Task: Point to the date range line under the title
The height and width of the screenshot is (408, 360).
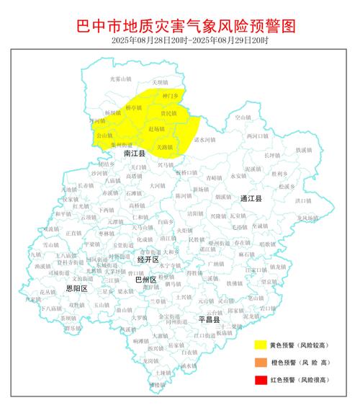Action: coord(180,42)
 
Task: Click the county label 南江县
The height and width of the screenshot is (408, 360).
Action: coord(134,154)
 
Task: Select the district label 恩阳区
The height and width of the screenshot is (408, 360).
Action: coord(76,288)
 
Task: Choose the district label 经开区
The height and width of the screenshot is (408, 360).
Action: coord(147,258)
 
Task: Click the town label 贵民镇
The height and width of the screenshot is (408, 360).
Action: coord(168,114)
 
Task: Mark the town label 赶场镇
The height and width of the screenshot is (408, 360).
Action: coord(156,129)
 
